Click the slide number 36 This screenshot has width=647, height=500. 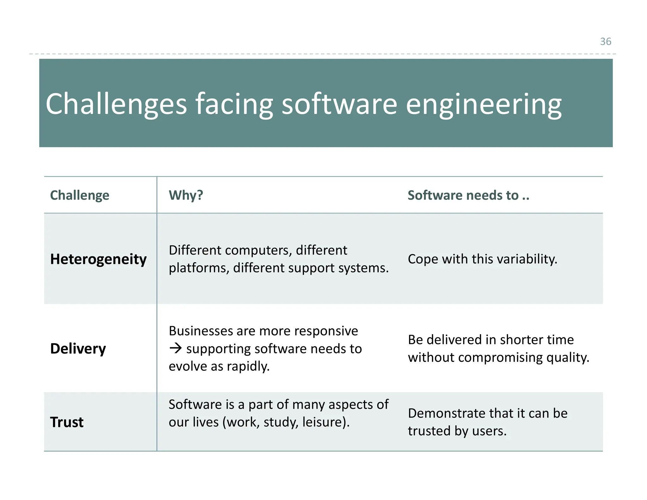[605, 41]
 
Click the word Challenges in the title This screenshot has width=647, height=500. [116, 104]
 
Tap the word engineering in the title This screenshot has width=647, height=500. [483, 104]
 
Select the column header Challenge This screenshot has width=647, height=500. [80, 195]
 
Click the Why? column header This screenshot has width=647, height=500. [186, 195]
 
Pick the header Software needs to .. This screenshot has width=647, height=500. [468, 195]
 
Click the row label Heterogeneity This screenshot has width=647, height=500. [98, 259]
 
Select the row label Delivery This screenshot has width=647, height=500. [78, 348]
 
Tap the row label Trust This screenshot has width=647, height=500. [67, 422]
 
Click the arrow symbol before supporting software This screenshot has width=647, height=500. [176, 348]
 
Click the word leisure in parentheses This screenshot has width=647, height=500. [323, 422]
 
